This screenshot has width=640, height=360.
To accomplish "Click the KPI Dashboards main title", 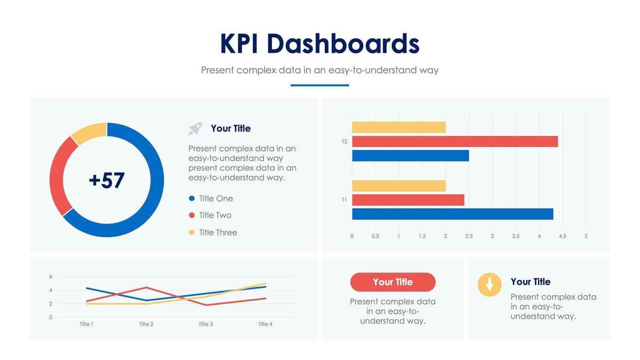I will pyautogui.click(x=319, y=44).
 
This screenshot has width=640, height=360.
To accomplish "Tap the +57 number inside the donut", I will pyautogui.click(x=107, y=180).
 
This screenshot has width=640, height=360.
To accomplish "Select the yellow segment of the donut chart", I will pyautogui.click(x=88, y=133).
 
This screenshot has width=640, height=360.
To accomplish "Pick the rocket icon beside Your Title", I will pyautogui.click(x=195, y=129).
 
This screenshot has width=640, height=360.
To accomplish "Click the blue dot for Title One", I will pyautogui.click(x=192, y=198).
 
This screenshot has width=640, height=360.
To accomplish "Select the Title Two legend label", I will pyautogui.click(x=215, y=215).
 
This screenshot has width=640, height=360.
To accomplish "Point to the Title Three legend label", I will pyautogui.click(x=218, y=233).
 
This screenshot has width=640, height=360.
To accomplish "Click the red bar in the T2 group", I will pyautogui.click(x=454, y=141).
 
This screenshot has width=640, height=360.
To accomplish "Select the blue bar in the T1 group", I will pyautogui.click(x=452, y=214).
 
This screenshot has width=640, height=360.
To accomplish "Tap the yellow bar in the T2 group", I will pyautogui.click(x=398, y=127).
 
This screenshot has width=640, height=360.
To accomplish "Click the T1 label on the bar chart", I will pyautogui.click(x=345, y=200).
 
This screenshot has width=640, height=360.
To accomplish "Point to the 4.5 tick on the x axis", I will pyautogui.click(x=562, y=236).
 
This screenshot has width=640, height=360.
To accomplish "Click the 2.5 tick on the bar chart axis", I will pyautogui.click(x=469, y=236).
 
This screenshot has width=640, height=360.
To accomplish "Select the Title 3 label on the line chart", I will pyautogui.click(x=206, y=324).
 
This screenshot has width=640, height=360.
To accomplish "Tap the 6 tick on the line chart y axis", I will pyautogui.click(x=51, y=276).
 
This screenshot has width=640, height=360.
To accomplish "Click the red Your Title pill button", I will pyautogui.click(x=393, y=282).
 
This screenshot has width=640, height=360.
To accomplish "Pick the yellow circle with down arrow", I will pyautogui.click(x=490, y=284).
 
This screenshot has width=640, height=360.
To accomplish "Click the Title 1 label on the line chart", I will pyautogui.click(x=86, y=324).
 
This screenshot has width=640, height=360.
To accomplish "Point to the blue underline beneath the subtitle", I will pyautogui.click(x=319, y=85).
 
